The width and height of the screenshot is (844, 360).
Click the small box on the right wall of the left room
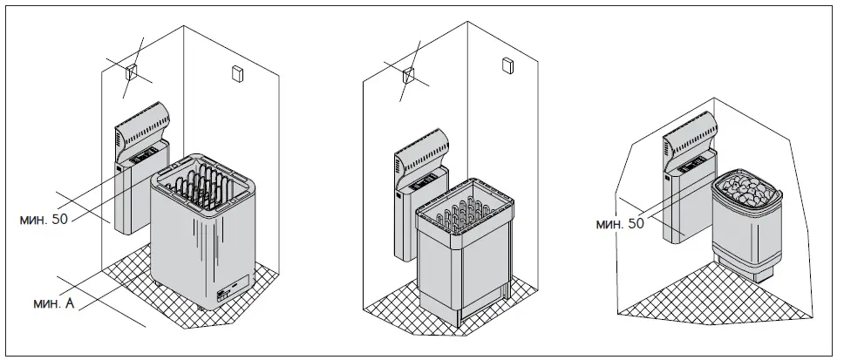point(235,74)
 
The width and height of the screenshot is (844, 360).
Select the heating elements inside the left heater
point(206,184)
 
